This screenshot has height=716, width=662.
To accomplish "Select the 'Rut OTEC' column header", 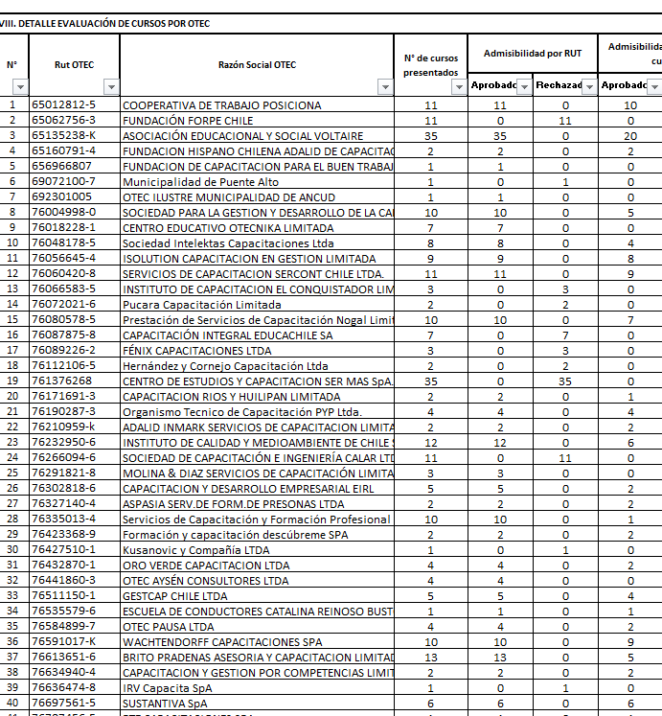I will tap(75, 65).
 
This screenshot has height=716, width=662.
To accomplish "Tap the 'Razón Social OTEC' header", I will tap(257, 65).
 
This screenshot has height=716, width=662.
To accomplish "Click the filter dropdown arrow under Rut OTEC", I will tap(110, 87).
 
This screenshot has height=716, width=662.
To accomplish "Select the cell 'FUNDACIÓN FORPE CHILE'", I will tap(188, 121).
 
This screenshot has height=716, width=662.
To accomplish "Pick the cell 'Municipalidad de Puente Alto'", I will tap(200, 182).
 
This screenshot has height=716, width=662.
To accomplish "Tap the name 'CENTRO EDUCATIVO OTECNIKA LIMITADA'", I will tap(228, 228).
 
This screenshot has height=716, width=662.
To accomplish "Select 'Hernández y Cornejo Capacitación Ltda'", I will tap(225, 366).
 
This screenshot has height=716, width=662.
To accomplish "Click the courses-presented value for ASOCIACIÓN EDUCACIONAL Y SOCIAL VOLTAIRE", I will tap(430, 136).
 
